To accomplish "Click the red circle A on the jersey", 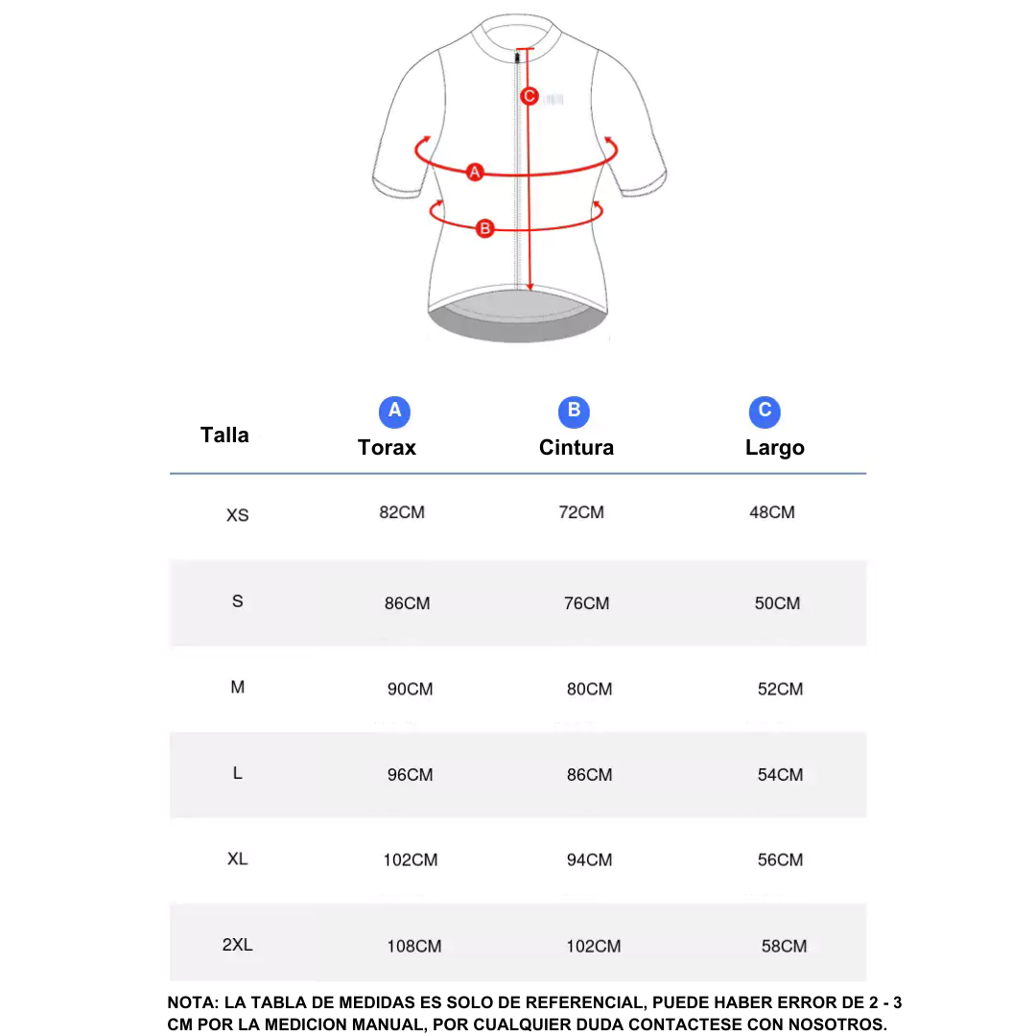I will coord(474,172).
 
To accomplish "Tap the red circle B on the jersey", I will coord(485,227).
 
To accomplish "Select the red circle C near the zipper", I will coord(529,96).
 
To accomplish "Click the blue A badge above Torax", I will coord(394,412).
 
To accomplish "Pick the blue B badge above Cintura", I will coord(574,412).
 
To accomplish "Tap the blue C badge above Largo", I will coord(765,412).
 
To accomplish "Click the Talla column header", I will coord(224,436).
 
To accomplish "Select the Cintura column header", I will coord(576,448).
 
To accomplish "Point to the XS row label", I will coord(237,515).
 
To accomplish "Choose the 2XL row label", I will coord(237,945).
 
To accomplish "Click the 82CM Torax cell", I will coord(402,512).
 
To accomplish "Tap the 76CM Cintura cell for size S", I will coord(586,603).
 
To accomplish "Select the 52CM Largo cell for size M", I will coord(780,689).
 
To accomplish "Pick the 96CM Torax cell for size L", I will coord(411,775).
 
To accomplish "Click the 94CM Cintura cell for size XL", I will coord(589,860).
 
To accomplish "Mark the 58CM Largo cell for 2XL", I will coord(784,946).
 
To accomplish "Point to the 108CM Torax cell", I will coord(414,946).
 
